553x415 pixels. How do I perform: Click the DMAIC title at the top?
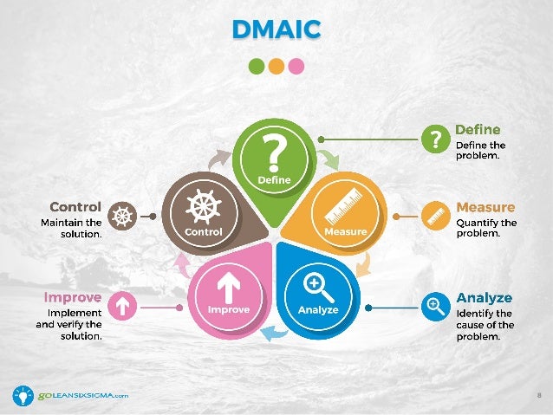point(276,29)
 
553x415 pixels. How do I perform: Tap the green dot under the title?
point(256,66)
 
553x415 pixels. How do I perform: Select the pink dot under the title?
point(296,66)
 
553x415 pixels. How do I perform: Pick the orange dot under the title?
point(276,66)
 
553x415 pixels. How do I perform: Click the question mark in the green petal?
point(276,152)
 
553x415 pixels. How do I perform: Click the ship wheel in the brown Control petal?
point(204,207)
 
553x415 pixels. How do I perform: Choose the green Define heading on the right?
point(478,130)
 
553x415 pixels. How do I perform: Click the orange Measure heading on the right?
point(485,208)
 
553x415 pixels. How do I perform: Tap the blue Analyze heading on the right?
point(484,298)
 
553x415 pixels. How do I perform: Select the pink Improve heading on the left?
point(73,297)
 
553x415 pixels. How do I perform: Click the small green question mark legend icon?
point(434,138)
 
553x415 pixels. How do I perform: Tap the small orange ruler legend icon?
point(434,215)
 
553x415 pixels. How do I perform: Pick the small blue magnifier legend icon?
point(434,305)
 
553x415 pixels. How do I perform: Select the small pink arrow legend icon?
point(123,305)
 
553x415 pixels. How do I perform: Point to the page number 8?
point(539,396)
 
